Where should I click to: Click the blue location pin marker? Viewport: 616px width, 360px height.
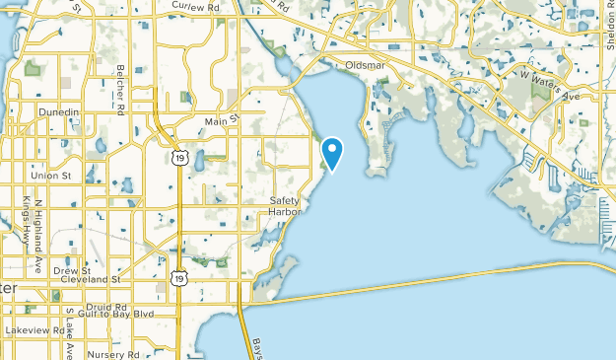tap(333, 154)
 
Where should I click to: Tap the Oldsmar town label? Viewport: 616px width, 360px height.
tap(364, 66)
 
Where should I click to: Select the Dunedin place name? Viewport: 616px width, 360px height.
tap(59, 112)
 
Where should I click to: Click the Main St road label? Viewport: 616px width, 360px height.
tap(222, 121)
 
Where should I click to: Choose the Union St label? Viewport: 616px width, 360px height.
tap(51, 176)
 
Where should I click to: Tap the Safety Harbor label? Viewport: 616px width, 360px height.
tap(286, 206)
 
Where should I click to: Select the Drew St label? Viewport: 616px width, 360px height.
tap(72, 270)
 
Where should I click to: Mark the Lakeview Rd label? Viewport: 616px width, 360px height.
tap(33, 329)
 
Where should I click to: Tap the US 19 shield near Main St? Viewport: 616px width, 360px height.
tap(175, 157)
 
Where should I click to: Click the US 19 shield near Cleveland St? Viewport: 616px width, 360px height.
tap(178, 279)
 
